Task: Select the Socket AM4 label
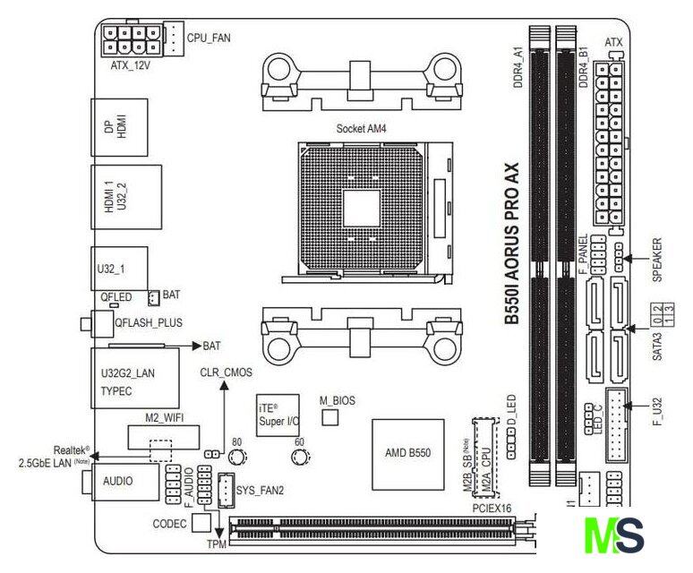364,128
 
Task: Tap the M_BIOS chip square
331,418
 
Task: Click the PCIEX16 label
492,508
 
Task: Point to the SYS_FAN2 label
261,490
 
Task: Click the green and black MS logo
614,535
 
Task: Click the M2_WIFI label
164,416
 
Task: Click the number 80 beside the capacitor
237,442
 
